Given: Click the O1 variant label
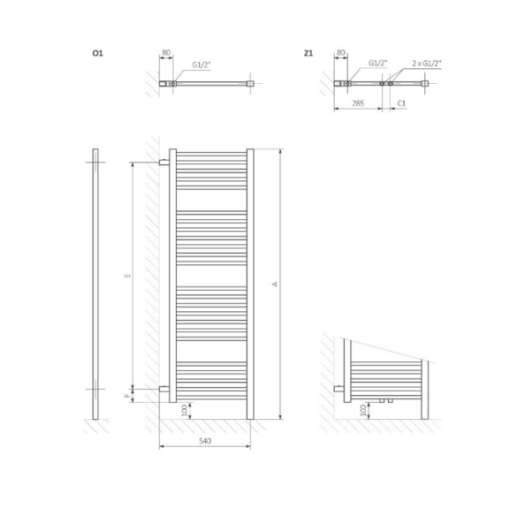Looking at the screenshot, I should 98,54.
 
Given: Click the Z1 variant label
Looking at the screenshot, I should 308,54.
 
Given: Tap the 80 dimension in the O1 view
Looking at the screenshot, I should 165,53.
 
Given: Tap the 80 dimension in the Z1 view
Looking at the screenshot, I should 340,53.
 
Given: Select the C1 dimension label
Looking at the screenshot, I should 400,103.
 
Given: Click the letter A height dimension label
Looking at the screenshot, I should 275,284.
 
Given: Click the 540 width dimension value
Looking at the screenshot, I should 204,439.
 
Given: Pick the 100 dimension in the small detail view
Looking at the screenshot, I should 363,411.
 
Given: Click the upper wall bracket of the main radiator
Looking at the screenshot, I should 163,163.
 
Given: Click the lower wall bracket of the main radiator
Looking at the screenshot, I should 163,389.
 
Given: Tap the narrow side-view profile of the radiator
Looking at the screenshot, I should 94,283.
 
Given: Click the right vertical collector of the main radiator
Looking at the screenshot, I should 251,283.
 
